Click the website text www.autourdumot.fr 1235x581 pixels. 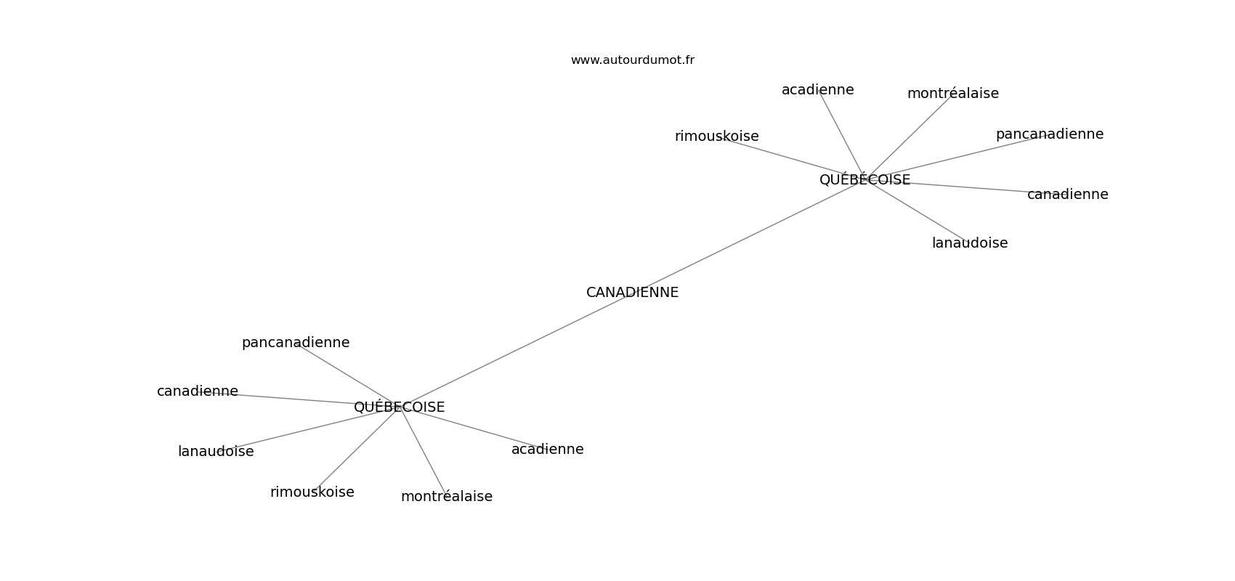(x=632, y=60)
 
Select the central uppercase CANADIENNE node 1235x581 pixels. (x=632, y=293)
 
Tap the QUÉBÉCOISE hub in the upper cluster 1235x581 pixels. (x=864, y=179)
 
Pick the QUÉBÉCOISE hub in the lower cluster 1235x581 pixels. (x=399, y=406)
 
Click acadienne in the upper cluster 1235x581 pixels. (x=817, y=90)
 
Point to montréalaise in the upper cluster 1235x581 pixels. (x=952, y=94)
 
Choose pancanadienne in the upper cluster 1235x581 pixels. (x=1050, y=134)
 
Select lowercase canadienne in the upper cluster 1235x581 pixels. (x=1067, y=195)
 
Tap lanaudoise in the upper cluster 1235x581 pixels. (x=970, y=243)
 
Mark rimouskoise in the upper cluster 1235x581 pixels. (x=717, y=136)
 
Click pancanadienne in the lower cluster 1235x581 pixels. (x=296, y=343)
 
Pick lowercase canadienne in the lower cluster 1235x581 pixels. (x=198, y=391)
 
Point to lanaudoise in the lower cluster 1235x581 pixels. (x=216, y=452)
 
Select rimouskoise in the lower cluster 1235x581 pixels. (x=312, y=492)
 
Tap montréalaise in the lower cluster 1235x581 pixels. (x=447, y=497)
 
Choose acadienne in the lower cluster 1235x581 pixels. (x=548, y=450)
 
